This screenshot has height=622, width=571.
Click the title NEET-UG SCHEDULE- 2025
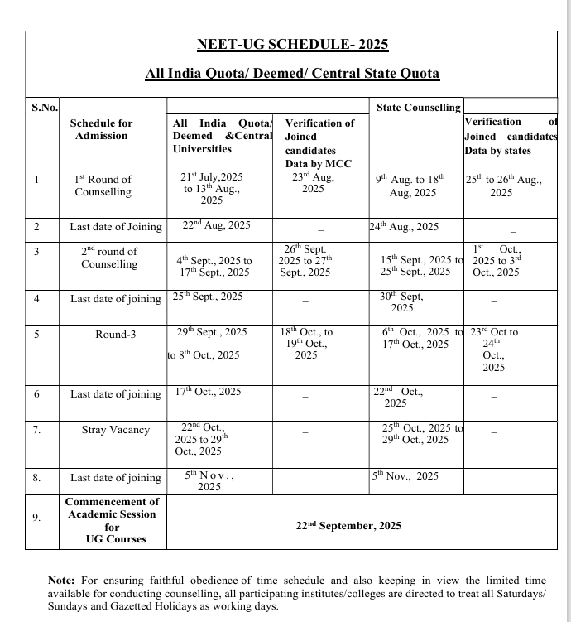point(292,45)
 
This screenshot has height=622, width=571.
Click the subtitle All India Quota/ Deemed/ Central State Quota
point(292,74)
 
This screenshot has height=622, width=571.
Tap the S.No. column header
point(45,108)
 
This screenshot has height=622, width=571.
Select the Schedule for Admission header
point(101,129)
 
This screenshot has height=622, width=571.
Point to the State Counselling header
point(418,108)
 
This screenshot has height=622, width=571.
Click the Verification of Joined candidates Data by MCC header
point(319,142)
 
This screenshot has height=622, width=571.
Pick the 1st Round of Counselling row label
point(103,186)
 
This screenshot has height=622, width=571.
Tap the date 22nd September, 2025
point(348,525)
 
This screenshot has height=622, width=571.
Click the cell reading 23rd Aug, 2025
point(313,184)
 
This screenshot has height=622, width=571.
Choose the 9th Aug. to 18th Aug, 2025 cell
point(411,186)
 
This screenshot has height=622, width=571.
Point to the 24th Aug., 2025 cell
point(405,227)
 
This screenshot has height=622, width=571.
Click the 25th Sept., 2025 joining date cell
point(208,297)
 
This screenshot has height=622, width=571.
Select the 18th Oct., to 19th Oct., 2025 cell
point(306,343)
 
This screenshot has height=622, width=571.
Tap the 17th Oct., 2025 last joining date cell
point(208,392)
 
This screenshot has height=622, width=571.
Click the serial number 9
point(36,518)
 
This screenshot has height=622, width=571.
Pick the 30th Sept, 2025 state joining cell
point(401,302)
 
